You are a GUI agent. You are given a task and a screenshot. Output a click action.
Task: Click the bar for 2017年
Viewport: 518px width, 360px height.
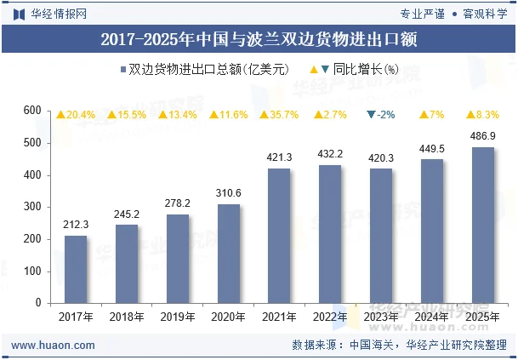click(x=76, y=269)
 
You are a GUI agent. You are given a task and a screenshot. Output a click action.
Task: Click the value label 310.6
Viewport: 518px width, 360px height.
click(x=228, y=193)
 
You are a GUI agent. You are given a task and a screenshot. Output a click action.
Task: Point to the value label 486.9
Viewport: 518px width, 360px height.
click(x=482, y=136)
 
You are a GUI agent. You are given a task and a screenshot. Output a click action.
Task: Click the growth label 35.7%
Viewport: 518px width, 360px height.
click(x=279, y=115)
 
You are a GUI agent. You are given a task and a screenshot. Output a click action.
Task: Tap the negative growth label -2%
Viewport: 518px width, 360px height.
click(x=380, y=115)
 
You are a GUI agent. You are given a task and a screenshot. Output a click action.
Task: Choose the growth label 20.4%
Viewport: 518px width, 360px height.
click(x=76, y=115)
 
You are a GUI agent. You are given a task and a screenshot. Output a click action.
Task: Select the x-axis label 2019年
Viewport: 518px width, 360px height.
click(x=178, y=317)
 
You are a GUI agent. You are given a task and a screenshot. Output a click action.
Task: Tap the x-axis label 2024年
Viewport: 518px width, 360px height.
click(x=431, y=317)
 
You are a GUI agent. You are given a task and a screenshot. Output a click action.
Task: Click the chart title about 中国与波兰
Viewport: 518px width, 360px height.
click(x=259, y=39)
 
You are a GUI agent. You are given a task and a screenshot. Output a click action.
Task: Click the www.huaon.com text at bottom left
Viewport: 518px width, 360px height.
click(x=52, y=345)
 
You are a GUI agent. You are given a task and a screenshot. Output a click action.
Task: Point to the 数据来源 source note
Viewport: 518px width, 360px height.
click(x=400, y=345)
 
